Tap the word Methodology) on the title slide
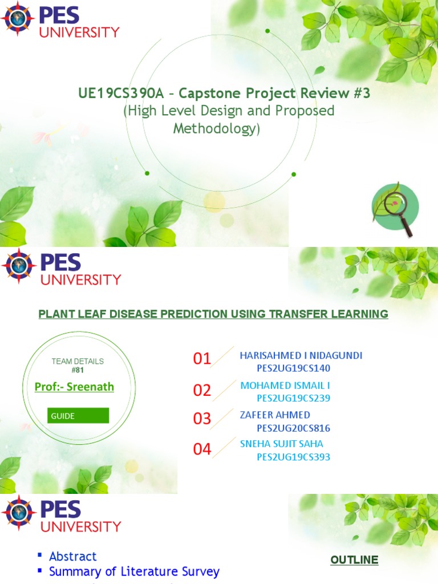pos(216,129)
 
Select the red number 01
pos(202,359)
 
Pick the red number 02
pos(202,391)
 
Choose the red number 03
pos(202,419)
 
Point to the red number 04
pos(202,449)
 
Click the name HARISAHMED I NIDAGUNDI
pos(301,355)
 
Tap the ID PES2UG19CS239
pos(293,398)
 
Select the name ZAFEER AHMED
pos(275,415)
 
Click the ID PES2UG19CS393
pos(293,457)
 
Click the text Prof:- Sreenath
pos(74,387)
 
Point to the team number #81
pos(78,370)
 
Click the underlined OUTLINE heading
pos(354,560)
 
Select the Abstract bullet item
pos(72,556)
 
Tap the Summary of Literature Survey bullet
pos(134,571)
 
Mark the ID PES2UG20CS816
pos(293,428)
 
